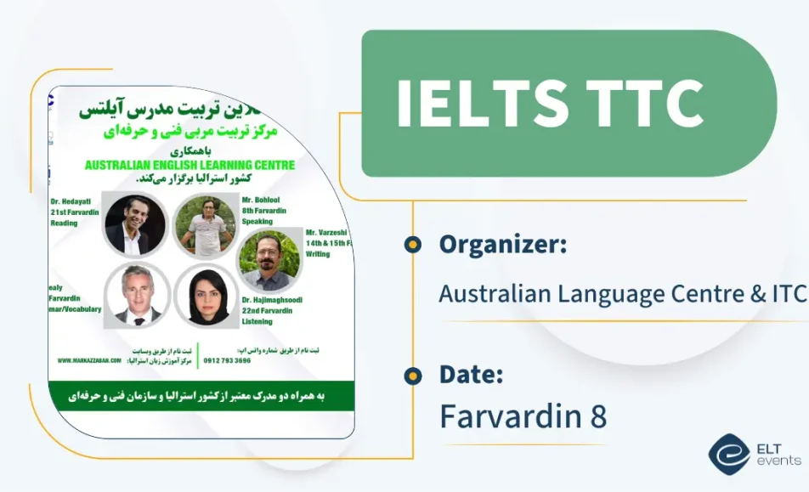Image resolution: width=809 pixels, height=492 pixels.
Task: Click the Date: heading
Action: [x=471, y=374]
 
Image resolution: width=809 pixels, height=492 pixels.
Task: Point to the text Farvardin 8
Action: [x=523, y=416]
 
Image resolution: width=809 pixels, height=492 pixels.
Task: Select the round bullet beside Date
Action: [x=413, y=375]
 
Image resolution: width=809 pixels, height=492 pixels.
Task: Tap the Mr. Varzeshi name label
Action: [x=327, y=231]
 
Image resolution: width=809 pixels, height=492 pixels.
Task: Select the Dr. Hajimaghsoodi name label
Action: [x=272, y=300]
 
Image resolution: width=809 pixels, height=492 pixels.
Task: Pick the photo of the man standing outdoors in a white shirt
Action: [x=205, y=225]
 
